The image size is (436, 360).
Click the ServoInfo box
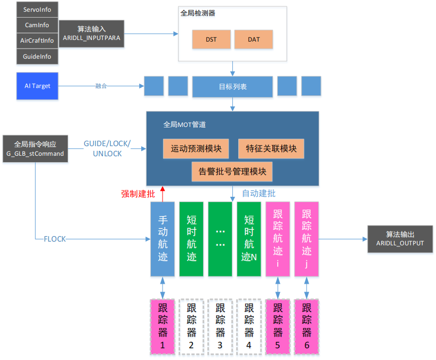[x=37, y=10]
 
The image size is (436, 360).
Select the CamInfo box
[x=37, y=25]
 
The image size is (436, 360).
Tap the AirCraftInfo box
[x=37, y=41]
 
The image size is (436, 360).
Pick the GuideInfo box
[x=37, y=56]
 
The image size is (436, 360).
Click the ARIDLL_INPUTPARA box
[x=91, y=34]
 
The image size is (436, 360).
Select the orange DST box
[x=212, y=39]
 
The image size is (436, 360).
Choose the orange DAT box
[x=253, y=39]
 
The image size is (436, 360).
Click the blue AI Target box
[x=37, y=86]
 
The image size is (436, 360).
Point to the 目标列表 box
[x=232, y=86]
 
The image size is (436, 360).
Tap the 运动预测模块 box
[x=196, y=148]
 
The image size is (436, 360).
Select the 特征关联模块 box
[x=271, y=148]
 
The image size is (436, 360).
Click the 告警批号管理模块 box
[x=232, y=171]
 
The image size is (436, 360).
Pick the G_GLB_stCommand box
[x=35, y=149]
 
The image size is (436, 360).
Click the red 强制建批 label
[x=138, y=194]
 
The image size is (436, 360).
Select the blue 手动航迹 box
[x=163, y=238]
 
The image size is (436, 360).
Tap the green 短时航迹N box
[x=249, y=238]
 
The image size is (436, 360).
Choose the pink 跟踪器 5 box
[x=278, y=327]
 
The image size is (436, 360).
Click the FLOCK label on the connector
[x=55, y=239]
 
